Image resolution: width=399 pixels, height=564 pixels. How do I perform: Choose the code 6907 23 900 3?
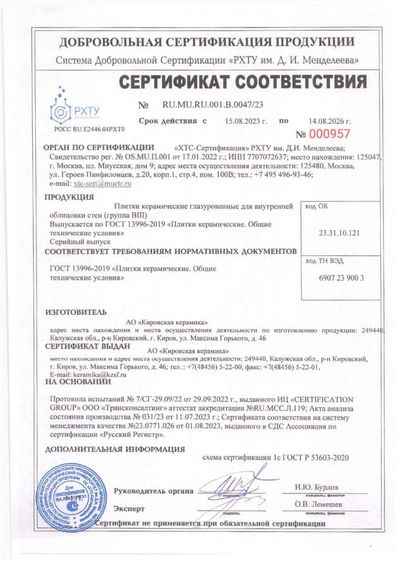(342, 278)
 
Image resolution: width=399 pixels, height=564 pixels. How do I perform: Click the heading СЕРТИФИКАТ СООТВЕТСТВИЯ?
(243, 82)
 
